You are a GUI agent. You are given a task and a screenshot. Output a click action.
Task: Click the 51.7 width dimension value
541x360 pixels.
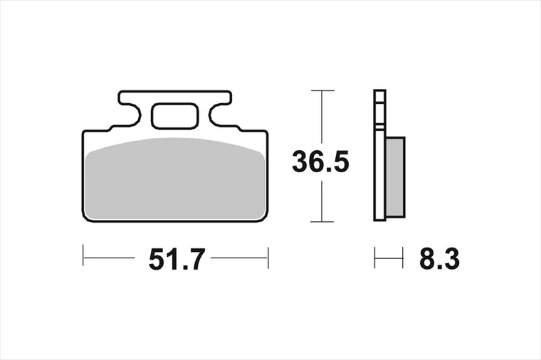pyautogui.click(x=177, y=259)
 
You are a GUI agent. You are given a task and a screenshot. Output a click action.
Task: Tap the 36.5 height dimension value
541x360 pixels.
pyautogui.click(x=320, y=162)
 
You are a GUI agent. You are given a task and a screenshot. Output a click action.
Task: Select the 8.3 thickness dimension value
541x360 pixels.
pyautogui.click(x=440, y=259)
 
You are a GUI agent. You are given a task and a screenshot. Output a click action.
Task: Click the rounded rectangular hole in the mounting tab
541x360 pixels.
pyautogui.click(x=175, y=116)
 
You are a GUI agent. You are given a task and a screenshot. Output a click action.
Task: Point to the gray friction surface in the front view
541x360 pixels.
pyautogui.click(x=176, y=179)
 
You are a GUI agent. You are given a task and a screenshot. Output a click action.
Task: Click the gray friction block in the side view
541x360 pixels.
pyautogui.click(x=395, y=177)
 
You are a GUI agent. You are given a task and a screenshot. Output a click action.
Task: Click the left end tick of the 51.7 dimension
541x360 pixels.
pyautogui.click(x=83, y=255)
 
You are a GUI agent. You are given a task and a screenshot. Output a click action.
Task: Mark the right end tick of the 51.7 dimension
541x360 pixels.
pyautogui.click(x=268, y=258)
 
